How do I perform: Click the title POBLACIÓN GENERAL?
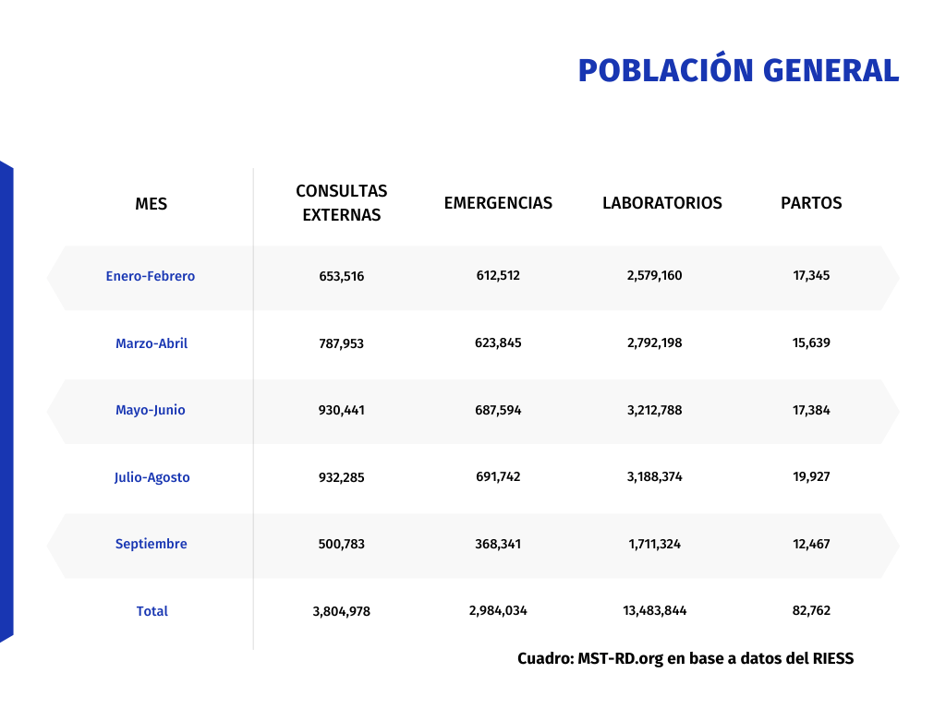(x=738, y=70)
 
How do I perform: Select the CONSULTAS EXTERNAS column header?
(x=342, y=203)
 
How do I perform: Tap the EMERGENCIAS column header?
(x=498, y=203)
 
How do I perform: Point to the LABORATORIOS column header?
(x=662, y=203)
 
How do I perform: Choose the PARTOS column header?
(x=811, y=203)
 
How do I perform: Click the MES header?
(x=152, y=204)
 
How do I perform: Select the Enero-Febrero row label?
(x=151, y=276)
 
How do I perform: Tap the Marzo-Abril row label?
(x=152, y=343)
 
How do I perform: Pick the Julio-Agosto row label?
(x=152, y=477)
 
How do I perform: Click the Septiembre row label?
(x=152, y=544)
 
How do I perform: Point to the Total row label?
(x=152, y=611)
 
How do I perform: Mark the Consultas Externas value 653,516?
(x=342, y=276)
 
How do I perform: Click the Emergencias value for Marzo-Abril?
(x=498, y=343)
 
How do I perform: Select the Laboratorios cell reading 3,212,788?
(x=654, y=410)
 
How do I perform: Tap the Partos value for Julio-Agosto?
(x=811, y=477)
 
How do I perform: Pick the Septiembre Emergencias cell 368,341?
(x=498, y=544)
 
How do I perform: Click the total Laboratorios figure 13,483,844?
(x=654, y=611)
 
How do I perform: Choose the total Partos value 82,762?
(x=811, y=611)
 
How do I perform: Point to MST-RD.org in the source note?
(x=620, y=659)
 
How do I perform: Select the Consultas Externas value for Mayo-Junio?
(x=342, y=410)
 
